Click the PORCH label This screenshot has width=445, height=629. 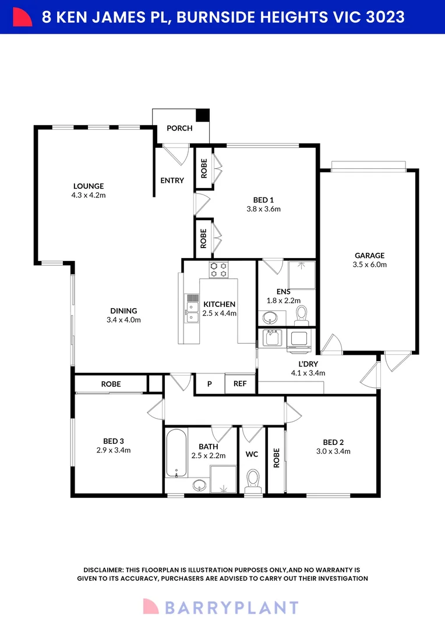[x=179, y=128]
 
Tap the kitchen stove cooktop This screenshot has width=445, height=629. [x=218, y=270]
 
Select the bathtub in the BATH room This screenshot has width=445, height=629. [x=176, y=453]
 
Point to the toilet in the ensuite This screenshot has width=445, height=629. [x=301, y=316]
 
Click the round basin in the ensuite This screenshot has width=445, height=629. [x=270, y=319]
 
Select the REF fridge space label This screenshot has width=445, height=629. [x=240, y=384]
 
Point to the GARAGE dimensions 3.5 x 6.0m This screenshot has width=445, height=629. [x=369, y=264]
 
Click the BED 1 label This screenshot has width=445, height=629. [x=263, y=200]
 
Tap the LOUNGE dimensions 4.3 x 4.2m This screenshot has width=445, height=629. [x=89, y=195]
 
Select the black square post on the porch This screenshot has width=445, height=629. [x=202, y=115]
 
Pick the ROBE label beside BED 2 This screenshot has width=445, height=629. [x=276, y=458]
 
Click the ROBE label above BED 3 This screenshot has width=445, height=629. [x=111, y=384]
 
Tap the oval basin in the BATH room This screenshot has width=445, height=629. [x=199, y=486]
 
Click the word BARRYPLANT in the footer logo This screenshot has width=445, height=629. [x=232, y=607]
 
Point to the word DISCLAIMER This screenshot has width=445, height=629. [x=103, y=570]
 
